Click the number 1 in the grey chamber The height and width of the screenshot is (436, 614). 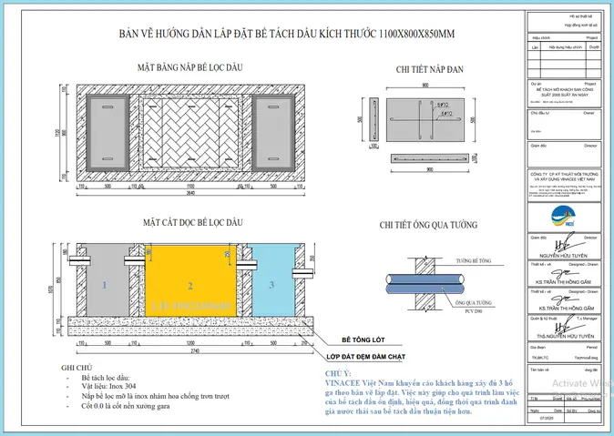tap(105, 286)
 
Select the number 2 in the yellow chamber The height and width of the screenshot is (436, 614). tap(190, 285)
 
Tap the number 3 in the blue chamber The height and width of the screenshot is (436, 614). tap(271, 286)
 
